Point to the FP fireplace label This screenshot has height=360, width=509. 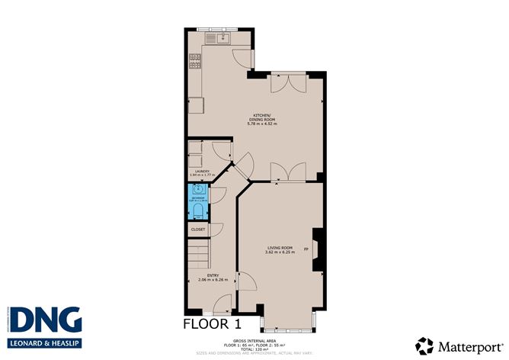306,249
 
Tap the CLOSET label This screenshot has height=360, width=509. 198,229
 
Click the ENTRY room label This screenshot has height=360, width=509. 206,276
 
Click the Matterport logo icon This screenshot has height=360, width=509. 424,345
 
